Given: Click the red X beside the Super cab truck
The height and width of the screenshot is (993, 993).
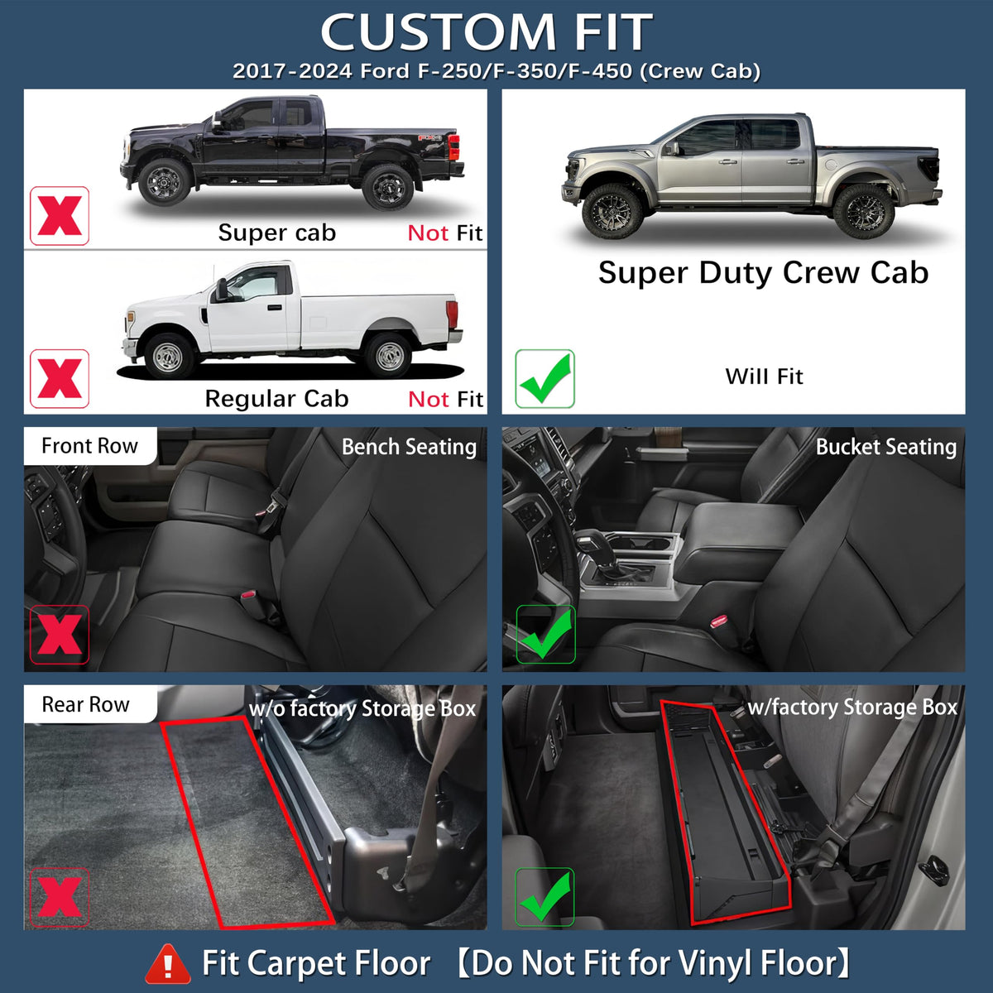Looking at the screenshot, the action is tap(60, 216).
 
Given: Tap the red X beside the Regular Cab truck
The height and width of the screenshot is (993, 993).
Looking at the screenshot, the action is tap(60, 379).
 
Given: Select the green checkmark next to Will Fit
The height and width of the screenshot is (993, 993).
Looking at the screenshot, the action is tap(544, 379).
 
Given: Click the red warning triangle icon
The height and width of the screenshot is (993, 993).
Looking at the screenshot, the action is tap(168, 963).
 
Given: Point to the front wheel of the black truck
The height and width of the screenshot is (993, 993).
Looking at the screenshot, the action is tap(163, 182).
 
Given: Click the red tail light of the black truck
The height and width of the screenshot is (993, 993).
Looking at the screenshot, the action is tap(453, 147).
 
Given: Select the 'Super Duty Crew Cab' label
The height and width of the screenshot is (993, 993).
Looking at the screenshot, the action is tap(763, 273).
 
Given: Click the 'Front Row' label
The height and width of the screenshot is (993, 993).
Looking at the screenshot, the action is tap(89, 446).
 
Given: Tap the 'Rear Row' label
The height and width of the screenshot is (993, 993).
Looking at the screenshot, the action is tap(85, 704).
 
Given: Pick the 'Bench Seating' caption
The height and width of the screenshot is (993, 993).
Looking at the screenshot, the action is tap(409, 447).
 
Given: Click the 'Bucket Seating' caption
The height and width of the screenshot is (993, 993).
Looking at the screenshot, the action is tap(886, 447).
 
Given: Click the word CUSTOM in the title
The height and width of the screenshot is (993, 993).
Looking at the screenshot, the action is tap(439, 31).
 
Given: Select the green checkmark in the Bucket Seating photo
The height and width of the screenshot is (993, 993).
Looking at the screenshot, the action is tap(545, 635).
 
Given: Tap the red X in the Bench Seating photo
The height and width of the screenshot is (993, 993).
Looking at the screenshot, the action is tap(60, 635).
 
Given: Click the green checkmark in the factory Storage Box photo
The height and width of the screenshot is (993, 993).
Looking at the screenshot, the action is tap(544, 897).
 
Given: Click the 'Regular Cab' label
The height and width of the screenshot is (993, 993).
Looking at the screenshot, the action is tap(276, 399).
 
